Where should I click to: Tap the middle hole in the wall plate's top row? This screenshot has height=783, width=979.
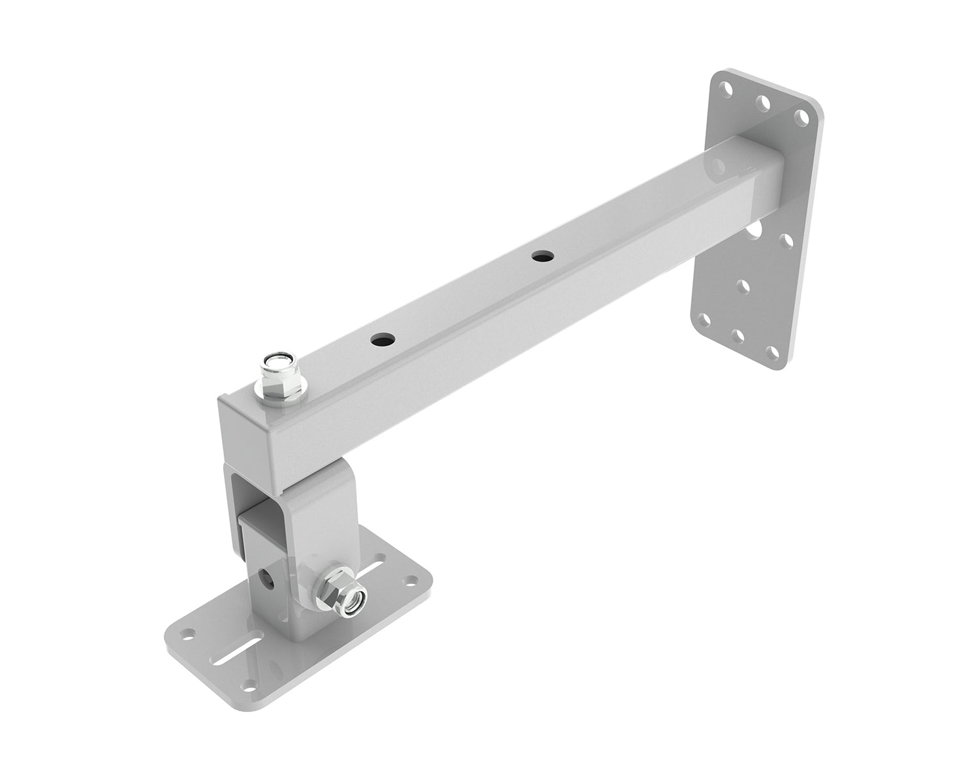[x=762, y=102]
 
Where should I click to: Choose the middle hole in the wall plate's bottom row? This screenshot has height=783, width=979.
[x=738, y=336]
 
